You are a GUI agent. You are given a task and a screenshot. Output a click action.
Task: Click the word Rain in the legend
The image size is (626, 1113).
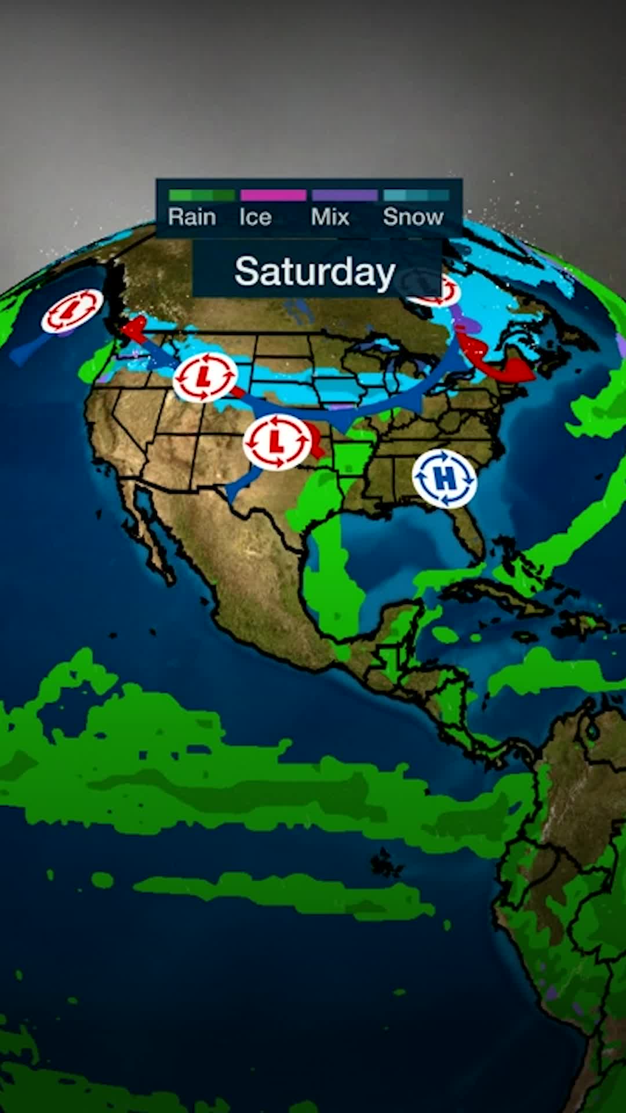click(x=192, y=217)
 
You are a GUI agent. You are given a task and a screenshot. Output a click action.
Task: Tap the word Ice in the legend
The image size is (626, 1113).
click(x=255, y=217)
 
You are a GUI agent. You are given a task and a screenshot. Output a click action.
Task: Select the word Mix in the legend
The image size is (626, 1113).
click(x=330, y=217)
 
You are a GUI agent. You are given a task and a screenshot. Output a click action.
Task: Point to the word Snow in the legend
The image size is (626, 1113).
click(x=413, y=217)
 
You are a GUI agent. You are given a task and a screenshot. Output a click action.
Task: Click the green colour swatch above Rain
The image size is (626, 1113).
click(x=201, y=195)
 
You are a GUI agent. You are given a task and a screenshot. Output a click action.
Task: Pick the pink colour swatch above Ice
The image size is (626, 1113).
click(x=273, y=195)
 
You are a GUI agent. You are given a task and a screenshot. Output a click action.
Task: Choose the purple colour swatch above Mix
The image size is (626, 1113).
click(x=344, y=195)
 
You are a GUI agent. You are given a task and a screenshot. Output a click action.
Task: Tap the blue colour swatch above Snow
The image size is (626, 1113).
click(x=416, y=195)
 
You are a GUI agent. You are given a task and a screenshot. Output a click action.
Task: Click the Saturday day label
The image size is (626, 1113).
click(x=315, y=271)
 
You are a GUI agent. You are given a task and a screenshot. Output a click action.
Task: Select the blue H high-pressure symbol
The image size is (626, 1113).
click(x=445, y=478)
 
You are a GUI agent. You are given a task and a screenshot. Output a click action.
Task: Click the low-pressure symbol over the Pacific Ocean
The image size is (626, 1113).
click(x=72, y=311)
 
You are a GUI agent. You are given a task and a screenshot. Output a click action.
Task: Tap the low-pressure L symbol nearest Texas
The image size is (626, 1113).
click(x=277, y=442)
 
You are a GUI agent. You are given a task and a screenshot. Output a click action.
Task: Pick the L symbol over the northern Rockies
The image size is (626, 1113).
click(x=205, y=377)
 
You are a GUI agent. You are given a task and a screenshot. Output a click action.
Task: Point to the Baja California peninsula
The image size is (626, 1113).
click(x=154, y=539)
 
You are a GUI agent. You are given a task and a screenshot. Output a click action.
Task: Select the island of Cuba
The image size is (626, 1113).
click(x=498, y=597)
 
